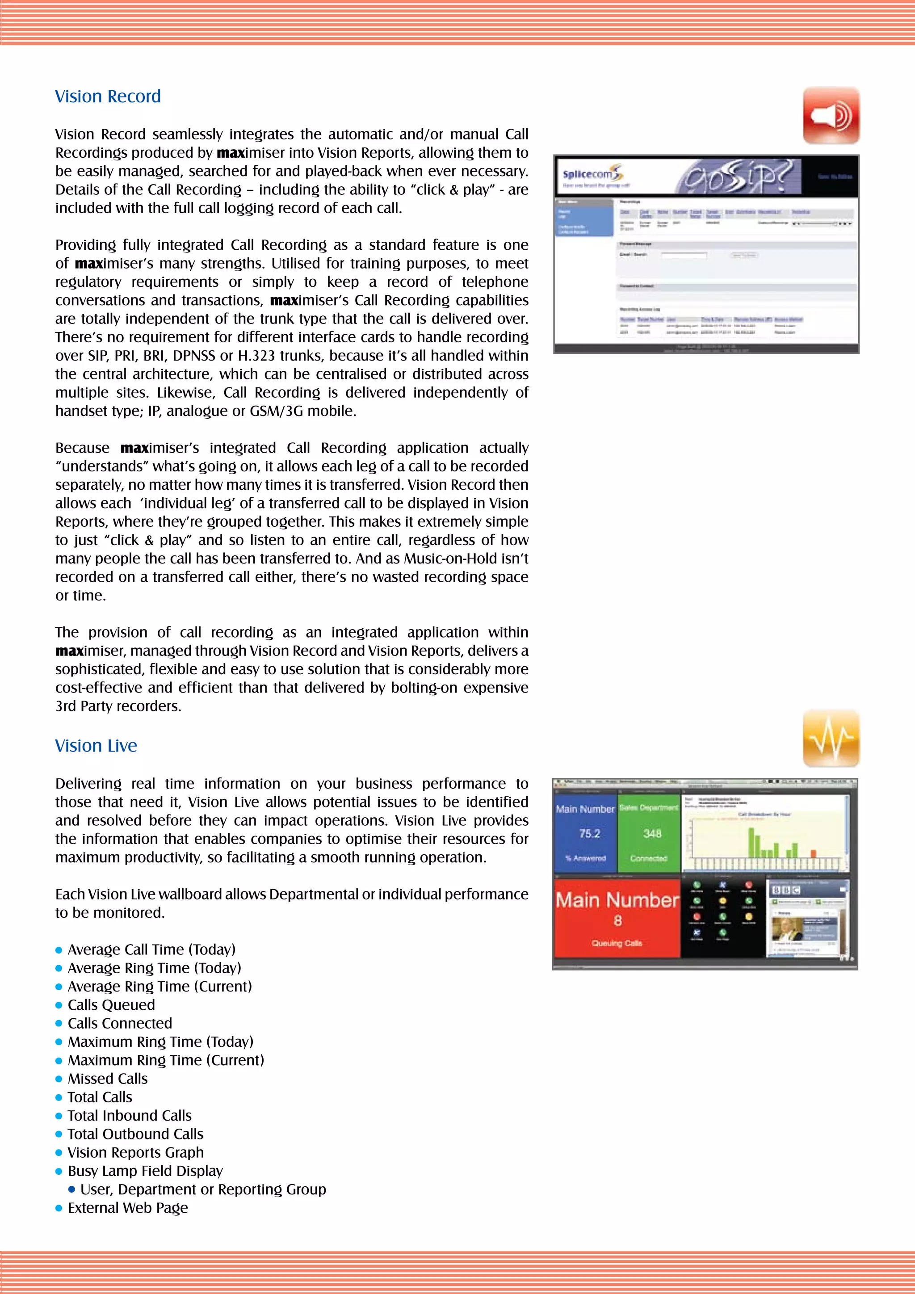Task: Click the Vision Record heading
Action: pos(108,97)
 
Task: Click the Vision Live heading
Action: pos(96,746)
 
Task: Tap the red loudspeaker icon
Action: pos(831,116)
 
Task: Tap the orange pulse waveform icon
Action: pos(831,738)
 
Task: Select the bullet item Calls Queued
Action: pos(111,1005)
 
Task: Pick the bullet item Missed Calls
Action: pos(108,1079)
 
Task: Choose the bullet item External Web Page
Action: pos(128,1208)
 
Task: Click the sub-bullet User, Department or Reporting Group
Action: pos(203,1189)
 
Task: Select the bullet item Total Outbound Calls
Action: pos(135,1134)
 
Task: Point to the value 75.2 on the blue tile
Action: pos(589,833)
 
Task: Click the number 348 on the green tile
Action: pos(652,833)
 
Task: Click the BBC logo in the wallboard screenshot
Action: pos(785,890)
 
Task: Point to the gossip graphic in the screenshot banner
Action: pos(740,176)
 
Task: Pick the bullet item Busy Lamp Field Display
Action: pos(145,1171)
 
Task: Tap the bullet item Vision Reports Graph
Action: pos(135,1152)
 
